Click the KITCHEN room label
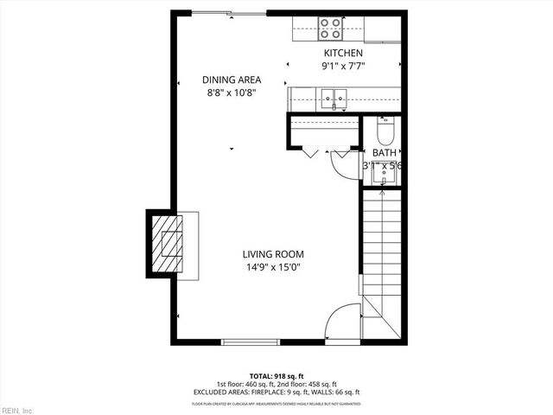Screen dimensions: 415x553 click(343, 54)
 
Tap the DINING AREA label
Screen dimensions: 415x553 click(232, 80)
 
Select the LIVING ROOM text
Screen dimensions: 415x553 click(272, 254)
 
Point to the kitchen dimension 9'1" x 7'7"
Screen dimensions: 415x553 click(343, 66)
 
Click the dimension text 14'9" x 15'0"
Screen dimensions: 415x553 click(272, 267)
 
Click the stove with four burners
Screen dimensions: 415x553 click(330, 29)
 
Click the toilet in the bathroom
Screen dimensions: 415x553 click(386, 131)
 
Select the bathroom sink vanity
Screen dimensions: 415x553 click(384, 176)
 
